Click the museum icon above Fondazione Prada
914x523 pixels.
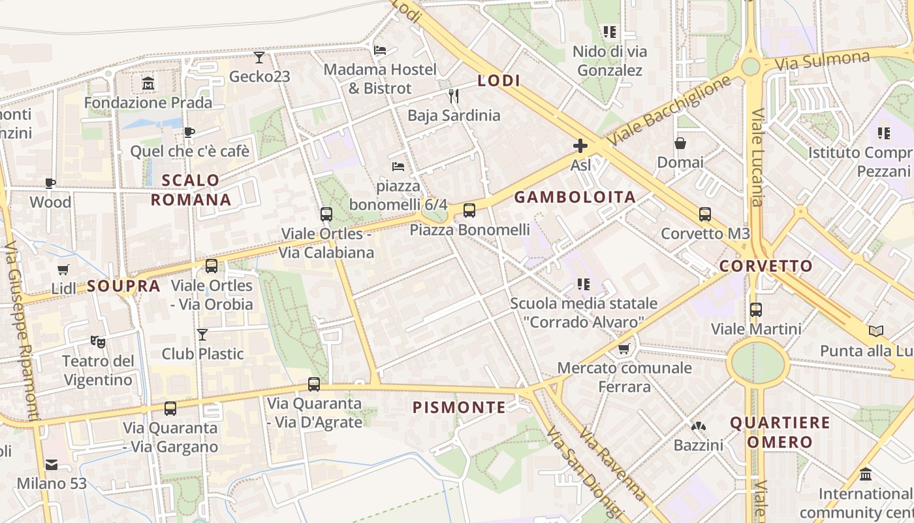[148, 84]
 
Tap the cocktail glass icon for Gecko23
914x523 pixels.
[259, 58]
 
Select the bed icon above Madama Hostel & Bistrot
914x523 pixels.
[380, 50]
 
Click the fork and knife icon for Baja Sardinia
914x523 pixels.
[454, 96]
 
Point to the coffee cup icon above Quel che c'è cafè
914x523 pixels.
[189, 133]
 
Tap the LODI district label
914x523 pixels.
[499, 80]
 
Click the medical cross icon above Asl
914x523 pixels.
[580, 146]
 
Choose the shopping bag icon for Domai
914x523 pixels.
[680, 143]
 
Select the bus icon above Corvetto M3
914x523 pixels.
[705, 214]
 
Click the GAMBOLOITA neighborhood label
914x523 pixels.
[575, 197]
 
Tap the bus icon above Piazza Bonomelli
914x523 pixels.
[469, 211]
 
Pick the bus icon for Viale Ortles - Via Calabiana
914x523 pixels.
[326, 214]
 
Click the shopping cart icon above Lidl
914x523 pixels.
[63, 269]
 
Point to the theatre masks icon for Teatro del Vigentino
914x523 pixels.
[98, 341]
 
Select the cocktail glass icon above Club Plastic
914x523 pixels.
[202, 335]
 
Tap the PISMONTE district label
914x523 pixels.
[459, 407]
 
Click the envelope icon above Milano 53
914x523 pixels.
[52, 465]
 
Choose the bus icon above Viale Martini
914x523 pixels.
[756, 310]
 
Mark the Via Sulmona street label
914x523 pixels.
[822, 61]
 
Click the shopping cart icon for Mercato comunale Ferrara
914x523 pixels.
[624, 349]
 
